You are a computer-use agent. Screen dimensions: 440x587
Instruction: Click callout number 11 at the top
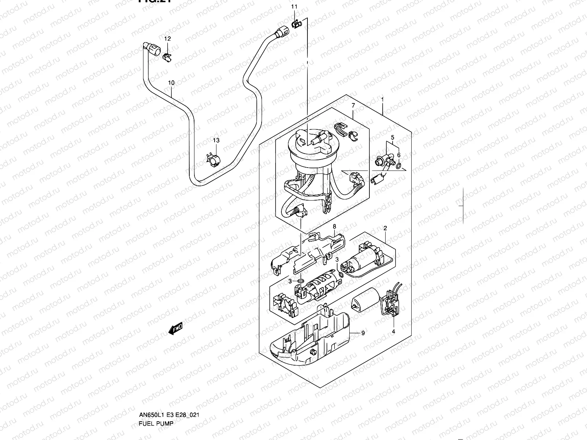[295, 7]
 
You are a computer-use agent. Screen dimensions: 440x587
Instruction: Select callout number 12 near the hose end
[167, 38]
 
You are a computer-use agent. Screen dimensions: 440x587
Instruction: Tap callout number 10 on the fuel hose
[171, 83]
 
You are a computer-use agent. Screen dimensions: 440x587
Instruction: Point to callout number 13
[216, 140]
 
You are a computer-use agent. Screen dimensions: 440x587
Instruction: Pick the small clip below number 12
[167, 56]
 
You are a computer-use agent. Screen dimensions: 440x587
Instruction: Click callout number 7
[353, 106]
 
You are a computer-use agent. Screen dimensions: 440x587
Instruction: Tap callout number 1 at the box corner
[382, 99]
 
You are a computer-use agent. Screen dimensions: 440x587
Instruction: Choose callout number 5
[393, 137]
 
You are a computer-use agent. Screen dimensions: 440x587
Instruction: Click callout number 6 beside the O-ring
[399, 155]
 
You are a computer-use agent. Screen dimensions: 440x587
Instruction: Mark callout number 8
[334, 227]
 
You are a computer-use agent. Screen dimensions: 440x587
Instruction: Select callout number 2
[385, 228]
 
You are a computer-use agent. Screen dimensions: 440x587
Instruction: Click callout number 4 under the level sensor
[393, 332]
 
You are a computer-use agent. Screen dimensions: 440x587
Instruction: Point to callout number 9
[363, 333]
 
